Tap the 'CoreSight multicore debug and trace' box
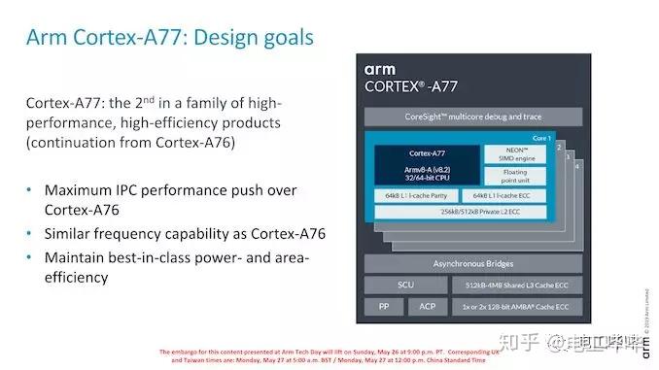pyautogui.click(x=472, y=117)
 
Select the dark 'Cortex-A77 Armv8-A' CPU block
pyautogui.click(x=427, y=165)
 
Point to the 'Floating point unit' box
pyautogui.click(x=516, y=179)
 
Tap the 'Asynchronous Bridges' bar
pyautogui.click(x=472, y=263)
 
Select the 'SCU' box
pyautogui.click(x=405, y=286)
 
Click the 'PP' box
pyautogui.click(x=383, y=308)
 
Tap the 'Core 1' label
pyautogui.click(x=541, y=139)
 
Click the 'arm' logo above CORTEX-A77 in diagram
pyautogui.click(x=380, y=69)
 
